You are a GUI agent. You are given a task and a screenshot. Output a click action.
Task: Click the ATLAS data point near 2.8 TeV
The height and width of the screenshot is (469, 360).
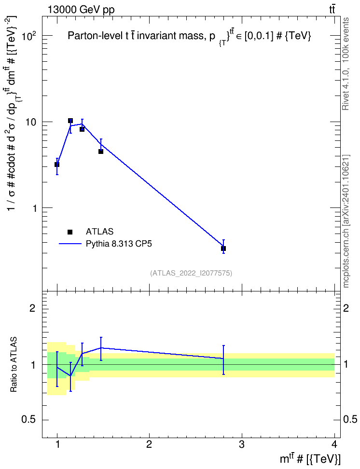pos(223,248)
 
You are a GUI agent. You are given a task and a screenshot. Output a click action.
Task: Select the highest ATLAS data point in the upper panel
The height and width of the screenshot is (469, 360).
pos(70,121)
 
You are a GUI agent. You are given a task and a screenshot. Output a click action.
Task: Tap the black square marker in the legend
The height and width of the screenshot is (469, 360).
pos(70,232)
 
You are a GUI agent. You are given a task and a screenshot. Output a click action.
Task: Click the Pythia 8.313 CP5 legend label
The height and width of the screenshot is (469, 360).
pos(119,244)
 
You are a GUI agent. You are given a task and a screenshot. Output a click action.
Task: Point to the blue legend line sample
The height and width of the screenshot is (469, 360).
pos(70,244)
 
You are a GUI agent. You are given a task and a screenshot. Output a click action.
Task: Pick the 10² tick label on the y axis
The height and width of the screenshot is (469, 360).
pos(29,36)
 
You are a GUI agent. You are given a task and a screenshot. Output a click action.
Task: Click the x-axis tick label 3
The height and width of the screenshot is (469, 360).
pos(241,444)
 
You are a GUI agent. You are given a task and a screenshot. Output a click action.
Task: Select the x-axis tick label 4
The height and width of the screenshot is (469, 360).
pos(334,444)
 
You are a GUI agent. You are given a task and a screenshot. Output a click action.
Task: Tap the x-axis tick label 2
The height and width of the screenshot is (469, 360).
pos(149,444)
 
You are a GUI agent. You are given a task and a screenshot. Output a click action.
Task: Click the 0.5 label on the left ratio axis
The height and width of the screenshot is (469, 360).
pos(28,420)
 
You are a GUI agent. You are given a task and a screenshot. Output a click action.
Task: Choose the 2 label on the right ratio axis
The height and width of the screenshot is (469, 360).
pos(346,308)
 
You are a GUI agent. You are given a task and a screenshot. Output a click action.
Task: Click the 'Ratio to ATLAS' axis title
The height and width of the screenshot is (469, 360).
pos(14,364)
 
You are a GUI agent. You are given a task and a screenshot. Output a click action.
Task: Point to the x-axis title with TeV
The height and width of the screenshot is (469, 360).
pos(310,459)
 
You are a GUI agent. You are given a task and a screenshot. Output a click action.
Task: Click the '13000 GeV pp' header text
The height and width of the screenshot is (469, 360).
pos(81,10)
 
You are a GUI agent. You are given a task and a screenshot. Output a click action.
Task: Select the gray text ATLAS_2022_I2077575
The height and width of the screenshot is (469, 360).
pos(191,273)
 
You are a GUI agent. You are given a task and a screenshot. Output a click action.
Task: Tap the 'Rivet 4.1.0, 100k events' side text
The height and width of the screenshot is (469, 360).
pos(346,64)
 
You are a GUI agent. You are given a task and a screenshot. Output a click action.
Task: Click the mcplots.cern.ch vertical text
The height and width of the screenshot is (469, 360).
pos(346,221)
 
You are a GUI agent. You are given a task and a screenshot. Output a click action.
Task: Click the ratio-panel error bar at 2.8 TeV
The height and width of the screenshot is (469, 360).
pos(223,360)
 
